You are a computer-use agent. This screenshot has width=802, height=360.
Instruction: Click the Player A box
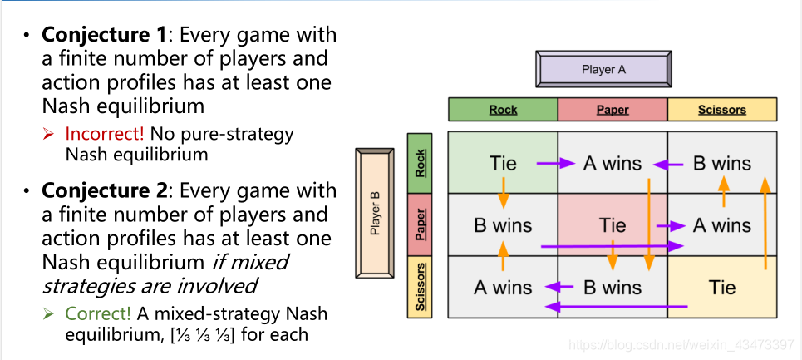coord(603,70)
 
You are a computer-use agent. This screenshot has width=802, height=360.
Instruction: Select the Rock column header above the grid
coord(503,110)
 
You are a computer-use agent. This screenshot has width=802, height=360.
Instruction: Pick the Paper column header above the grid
coord(613,110)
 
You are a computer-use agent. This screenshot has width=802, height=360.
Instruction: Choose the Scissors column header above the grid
coord(722,110)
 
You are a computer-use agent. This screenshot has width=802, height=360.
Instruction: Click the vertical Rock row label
coord(421,163)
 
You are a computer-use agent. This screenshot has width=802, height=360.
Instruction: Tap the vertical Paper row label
coord(421,224)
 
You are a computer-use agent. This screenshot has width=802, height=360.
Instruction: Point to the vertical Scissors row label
coord(421,287)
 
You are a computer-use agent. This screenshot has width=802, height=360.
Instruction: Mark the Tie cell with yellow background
coord(722,288)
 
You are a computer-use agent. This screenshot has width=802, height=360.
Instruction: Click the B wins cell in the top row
coord(722,163)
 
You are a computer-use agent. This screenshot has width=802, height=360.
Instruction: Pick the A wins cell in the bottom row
coord(503,288)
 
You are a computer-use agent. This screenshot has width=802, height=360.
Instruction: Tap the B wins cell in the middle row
coord(503,225)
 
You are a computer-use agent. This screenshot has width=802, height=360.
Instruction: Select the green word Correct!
coord(98,314)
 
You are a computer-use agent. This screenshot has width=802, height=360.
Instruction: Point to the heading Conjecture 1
coord(105,35)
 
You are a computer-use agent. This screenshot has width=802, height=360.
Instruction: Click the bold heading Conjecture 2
coord(105,190)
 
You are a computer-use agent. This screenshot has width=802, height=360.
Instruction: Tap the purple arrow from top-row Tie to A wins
coord(555,164)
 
